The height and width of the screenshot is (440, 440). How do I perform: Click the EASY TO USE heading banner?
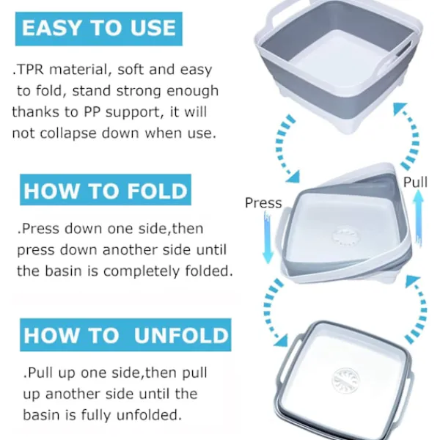coord(99,29)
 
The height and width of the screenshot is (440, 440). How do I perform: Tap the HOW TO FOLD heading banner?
coord(106,190)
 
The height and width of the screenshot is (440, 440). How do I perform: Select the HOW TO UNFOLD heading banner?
coord(125,334)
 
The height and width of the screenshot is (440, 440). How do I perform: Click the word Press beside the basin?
coord(263,203)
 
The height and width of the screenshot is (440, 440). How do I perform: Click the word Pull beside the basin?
coord(415,182)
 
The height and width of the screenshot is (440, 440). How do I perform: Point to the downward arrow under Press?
coord(268,237)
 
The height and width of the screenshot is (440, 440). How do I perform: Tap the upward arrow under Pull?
coord(419,219)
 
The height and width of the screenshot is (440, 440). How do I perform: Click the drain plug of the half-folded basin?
coord(345,236)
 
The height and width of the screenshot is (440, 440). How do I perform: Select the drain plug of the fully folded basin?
coord(345,381)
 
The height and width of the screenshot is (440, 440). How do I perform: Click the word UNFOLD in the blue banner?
coord(181,335)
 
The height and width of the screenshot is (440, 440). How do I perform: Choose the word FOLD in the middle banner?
coord(157,191)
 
